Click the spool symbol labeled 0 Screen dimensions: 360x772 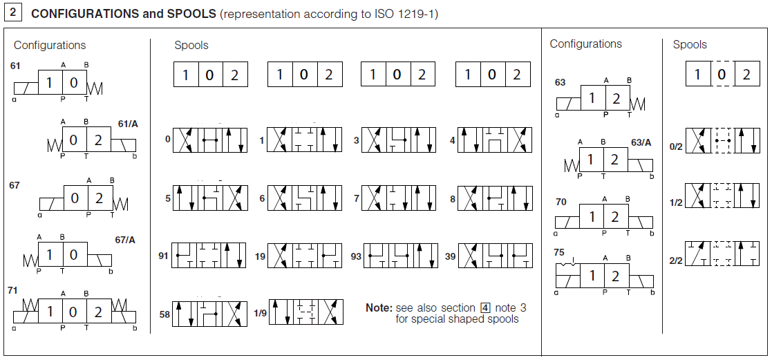point(209,140)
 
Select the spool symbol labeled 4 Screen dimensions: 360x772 point(495,140)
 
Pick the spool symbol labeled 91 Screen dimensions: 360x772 point(209,255)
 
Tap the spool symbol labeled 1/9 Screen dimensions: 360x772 point(305,312)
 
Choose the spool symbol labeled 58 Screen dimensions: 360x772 point(209,314)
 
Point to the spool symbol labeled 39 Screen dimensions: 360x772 point(495,255)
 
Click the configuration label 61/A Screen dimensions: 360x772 point(128,124)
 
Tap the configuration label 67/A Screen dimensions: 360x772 point(124,240)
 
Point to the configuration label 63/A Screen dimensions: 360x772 point(641,142)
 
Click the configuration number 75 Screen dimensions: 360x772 point(559,253)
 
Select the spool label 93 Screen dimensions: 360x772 point(356,256)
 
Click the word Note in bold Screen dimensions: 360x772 point(379,307)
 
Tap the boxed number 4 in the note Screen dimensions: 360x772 point(485,307)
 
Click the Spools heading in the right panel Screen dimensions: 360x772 point(690,44)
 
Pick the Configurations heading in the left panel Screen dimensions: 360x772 point(50,45)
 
